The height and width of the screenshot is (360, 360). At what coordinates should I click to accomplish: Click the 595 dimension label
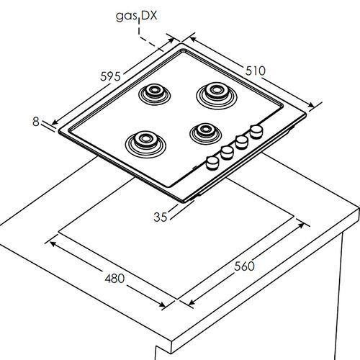coord(110,76)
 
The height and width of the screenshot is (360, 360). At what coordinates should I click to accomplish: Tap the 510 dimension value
coord(256,71)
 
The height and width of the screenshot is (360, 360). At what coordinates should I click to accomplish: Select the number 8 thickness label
coord(36,122)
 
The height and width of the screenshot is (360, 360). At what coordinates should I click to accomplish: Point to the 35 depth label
coord(160,217)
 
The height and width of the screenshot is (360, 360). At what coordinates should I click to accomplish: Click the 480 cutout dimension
coord(114,279)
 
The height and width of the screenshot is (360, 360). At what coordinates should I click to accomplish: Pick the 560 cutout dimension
coord(244,266)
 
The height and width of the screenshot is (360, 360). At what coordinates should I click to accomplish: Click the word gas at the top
coord(127,17)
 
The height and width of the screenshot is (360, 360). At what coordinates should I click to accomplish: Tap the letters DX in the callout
coord(149,16)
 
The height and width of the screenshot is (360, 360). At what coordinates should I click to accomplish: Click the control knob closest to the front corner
coord(212,163)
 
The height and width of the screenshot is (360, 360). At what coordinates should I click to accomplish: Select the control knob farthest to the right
coord(256,132)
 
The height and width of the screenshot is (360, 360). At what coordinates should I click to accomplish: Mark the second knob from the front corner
coord(227,153)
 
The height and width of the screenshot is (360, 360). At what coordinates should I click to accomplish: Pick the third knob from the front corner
coord(242,142)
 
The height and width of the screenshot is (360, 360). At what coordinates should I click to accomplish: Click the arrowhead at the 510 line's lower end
coord(311,105)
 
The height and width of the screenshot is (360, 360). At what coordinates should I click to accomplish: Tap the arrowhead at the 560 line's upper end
coord(301,225)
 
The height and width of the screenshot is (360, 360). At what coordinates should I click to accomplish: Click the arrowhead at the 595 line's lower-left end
coord(55,122)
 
